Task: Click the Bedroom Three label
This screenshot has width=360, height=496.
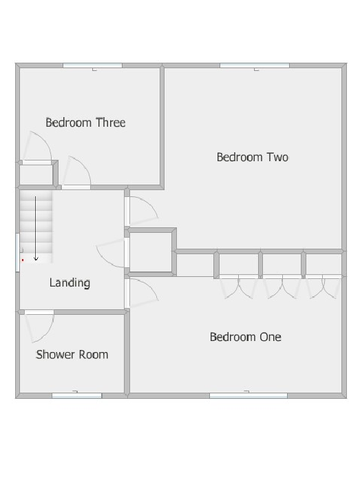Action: click(85, 123)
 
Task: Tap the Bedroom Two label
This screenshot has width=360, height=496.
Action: click(252, 157)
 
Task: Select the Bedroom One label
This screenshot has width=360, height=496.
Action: click(245, 337)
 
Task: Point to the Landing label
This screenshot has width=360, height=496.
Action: click(70, 282)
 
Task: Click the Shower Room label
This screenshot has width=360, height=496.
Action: click(72, 355)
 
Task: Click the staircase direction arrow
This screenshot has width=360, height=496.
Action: click(36, 227)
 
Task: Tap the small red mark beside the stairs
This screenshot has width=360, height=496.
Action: click(23, 260)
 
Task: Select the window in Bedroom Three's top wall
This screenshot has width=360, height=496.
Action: click(92, 65)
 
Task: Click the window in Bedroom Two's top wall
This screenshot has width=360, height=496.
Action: click(254, 65)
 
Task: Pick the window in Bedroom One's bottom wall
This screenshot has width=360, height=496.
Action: click(248, 395)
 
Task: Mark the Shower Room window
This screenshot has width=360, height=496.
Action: click(76, 395)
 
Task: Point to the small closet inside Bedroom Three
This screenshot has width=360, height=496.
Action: click(36, 174)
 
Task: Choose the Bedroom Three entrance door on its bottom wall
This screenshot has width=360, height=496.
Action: click(77, 175)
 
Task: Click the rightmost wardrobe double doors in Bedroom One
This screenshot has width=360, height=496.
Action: click(324, 286)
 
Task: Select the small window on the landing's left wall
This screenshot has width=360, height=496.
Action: click(17, 252)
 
